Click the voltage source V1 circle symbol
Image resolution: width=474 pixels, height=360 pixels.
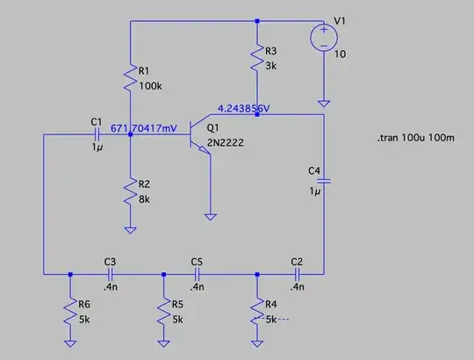324,38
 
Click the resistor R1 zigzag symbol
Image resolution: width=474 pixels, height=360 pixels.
131,79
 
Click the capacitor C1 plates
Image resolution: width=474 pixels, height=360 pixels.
97,134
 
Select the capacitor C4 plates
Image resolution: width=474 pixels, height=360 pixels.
324,182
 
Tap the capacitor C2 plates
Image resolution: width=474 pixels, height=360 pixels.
296,273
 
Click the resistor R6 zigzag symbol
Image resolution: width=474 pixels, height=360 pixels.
70,312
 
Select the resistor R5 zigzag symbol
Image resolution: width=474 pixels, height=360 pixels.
162,312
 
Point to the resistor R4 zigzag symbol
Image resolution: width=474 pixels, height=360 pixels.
256,312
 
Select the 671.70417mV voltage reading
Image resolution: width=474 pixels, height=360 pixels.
144,128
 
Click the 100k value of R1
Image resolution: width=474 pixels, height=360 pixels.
152,87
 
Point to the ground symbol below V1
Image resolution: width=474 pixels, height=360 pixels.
324,102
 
